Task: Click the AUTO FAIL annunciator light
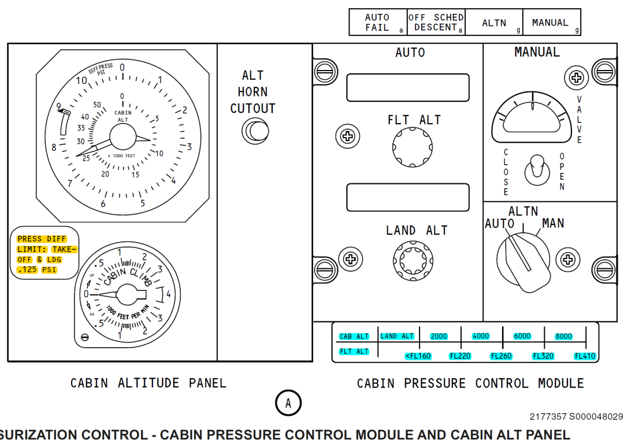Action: coord(378,23)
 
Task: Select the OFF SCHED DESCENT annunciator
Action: coord(436,23)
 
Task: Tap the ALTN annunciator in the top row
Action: coord(494,23)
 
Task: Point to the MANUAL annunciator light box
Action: coord(551,23)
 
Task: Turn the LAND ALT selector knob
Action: coord(413,258)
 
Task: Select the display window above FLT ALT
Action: coord(407,87)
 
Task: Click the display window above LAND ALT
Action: coord(407,197)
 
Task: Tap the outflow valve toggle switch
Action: coord(534,169)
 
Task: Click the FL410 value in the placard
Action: coord(585,356)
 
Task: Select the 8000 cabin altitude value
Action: coord(563,337)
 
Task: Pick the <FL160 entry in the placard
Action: coord(418,356)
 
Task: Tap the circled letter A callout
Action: coord(288,404)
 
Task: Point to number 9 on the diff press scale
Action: coord(58,106)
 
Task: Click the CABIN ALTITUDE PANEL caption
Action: coord(148,383)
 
